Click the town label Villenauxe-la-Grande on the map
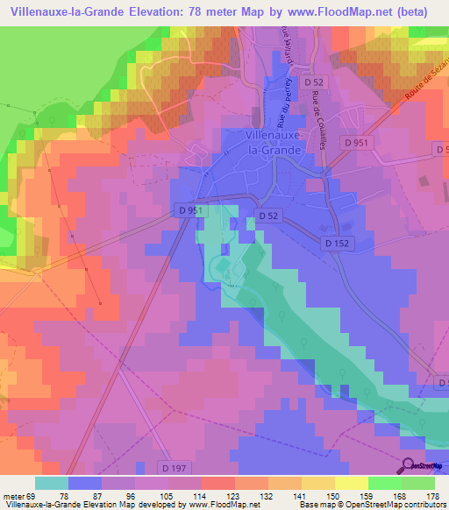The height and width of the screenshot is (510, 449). click(x=274, y=143)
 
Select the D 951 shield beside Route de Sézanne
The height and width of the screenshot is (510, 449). click(x=357, y=143)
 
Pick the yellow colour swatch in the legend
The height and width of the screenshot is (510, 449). click(x=352, y=483)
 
